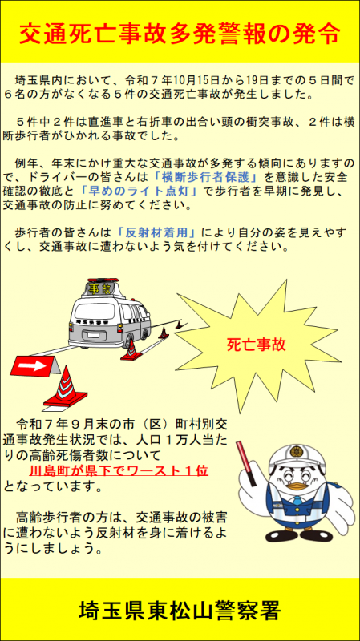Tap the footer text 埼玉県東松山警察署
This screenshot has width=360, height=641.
180,611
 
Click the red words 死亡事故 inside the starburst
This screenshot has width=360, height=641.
256,345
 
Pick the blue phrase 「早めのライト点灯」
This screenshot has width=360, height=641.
138,191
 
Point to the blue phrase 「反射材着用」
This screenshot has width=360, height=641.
155,232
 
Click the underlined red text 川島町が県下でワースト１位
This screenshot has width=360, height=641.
119,471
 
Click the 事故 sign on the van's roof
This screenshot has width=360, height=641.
99,289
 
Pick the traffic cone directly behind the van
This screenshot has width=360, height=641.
131,351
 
